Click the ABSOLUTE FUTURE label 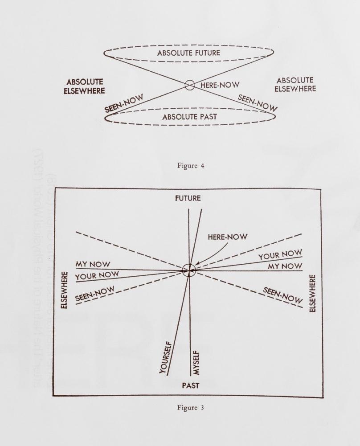pyautogui.click(x=189, y=53)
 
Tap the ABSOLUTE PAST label pyautogui.click(x=190, y=117)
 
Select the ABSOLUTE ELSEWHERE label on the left pyautogui.click(x=84, y=86)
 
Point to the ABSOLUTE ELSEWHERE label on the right pyautogui.click(x=295, y=85)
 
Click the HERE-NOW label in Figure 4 pyautogui.click(x=220, y=85)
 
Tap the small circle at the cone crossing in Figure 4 pyautogui.click(x=190, y=85)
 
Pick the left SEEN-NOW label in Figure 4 pyautogui.click(x=124, y=103)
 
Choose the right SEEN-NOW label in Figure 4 pyautogui.click(x=258, y=102)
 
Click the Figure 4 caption pyautogui.click(x=191, y=166)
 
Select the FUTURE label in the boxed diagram pyautogui.click(x=188, y=198)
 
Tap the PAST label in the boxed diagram pyautogui.click(x=191, y=386)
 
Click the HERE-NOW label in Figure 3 pyautogui.click(x=228, y=237)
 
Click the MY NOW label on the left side pyautogui.click(x=92, y=264)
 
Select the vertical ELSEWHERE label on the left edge pyautogui.click(x=65, y=291)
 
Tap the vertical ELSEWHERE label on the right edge pyautogui.click(x=312, y=293)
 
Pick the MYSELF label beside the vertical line pyautogui.click(x=196, y=363)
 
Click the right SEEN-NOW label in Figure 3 pyautogui.click(x=282, y=295)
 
